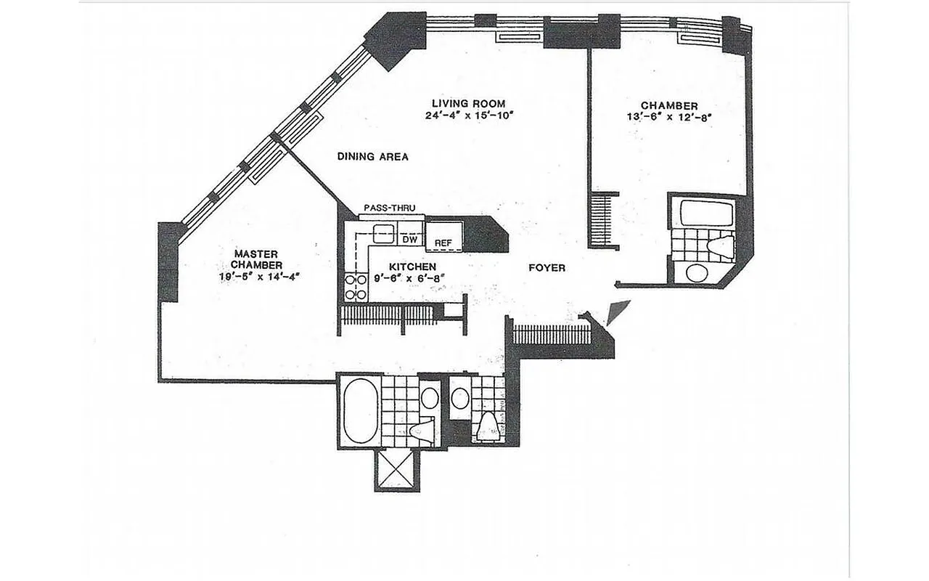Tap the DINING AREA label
(373, 156)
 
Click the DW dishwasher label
(409, 239)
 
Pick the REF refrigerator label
(443, 243)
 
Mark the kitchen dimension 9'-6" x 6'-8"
(404, 277)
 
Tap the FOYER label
(546, 268)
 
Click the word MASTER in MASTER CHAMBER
(251, 253)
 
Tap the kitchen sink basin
(382, 234)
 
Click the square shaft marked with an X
(397, 470)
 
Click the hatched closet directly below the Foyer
(552, 334)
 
